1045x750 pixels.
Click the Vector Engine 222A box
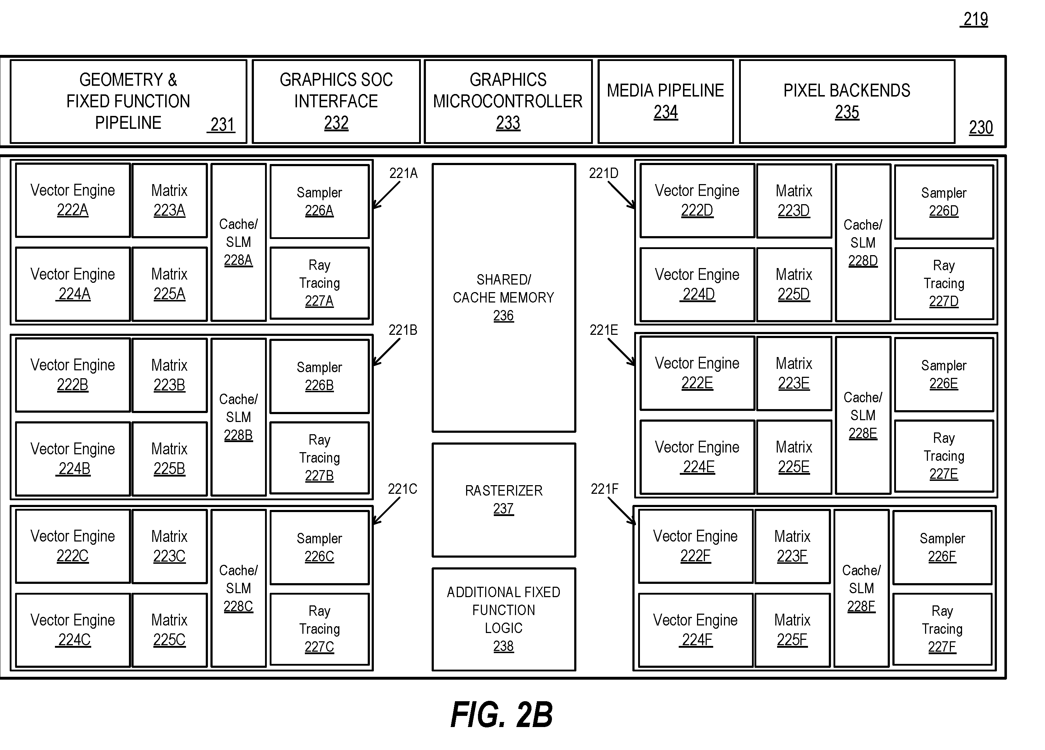click(73, 200)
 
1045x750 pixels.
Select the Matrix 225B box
click(169, 459)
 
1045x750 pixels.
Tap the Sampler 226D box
click(944, 202)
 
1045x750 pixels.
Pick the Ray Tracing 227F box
click(942, 629)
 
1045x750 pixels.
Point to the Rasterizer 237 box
click(503, 500)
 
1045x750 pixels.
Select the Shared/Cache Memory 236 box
click(503, 298)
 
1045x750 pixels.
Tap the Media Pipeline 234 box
click(666, 101)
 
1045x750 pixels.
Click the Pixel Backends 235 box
click(847, 101)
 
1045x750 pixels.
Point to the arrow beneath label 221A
click(386, 195)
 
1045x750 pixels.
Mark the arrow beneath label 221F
click(622, 511)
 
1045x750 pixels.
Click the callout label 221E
click(604, 330)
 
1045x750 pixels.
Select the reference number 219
click(975, 19)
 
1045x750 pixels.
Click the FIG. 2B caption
click(502, 715)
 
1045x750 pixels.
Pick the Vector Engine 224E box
click(697, 457)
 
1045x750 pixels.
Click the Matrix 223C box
click(169, 546)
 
